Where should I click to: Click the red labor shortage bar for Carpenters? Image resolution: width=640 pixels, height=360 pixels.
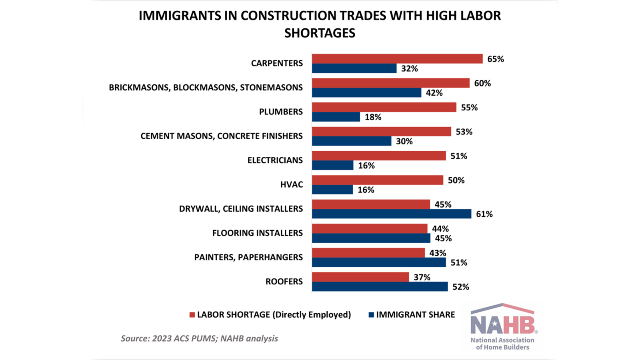[x=397, y=59]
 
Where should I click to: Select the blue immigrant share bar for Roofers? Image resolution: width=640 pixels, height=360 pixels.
[x=380, y=287]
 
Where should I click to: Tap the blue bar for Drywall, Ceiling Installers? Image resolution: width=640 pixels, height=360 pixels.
[x=391, y=214]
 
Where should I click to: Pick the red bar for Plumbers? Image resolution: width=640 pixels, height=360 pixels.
[x=384, y=107]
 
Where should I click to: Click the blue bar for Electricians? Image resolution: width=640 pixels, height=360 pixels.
[x=332, y=165]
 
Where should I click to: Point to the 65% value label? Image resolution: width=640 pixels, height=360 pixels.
[x=495, y=59]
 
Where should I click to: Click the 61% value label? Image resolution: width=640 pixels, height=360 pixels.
[x=484, y=214]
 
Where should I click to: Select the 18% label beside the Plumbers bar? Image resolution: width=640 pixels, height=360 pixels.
[x=373, y=117]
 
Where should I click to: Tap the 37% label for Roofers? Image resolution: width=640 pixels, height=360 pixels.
[x=422, y=277]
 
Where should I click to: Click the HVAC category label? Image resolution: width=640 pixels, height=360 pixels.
[x=291, y=184]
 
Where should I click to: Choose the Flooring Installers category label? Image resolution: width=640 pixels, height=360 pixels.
[x=257, y=233]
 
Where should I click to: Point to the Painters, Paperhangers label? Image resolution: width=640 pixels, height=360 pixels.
[x=248, y=257]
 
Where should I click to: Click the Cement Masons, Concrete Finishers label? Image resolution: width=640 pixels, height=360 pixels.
[x=221, y=136]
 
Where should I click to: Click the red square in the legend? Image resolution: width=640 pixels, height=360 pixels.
[x=192, y=315]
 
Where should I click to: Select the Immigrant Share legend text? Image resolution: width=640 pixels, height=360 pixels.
[x=415, y=315]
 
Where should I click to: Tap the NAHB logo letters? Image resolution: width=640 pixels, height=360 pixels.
[x=502, y=324]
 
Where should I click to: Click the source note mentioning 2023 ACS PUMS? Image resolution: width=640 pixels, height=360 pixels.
[x=199, y=338]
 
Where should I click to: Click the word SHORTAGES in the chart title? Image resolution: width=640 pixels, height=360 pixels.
[x=320, y=33]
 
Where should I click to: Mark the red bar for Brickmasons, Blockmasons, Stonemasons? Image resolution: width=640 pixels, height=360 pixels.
[x=390, y=83]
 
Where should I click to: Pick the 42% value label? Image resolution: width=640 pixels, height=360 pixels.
[x=434, y=93]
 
